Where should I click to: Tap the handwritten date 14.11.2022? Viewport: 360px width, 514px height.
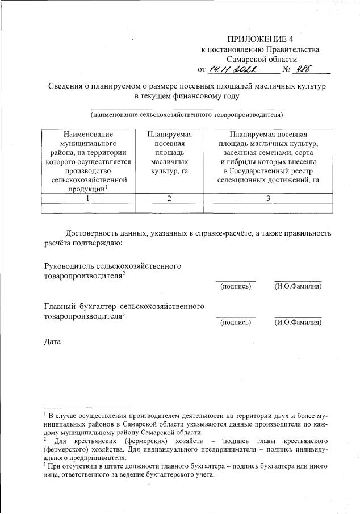pyautogui.click(x=233, y=69)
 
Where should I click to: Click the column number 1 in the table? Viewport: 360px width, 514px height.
pyautogui.click(x=87, y=199)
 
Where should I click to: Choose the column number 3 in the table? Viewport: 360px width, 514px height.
pyautogui.click(x=267, y=199)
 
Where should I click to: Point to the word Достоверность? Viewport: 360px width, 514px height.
pyautogui.click(x=93, y=233)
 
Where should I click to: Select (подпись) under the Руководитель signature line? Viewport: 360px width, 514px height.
pyautogui.click(x=235, y=286)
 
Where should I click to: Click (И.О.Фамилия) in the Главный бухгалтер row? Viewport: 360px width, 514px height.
pyautogui.click(x=298, y=323)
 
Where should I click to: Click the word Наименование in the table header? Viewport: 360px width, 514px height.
pyautogui.click(x=87, y=134)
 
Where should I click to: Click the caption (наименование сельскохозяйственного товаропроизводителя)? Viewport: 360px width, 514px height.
pyautogui.click(x=187, y=115)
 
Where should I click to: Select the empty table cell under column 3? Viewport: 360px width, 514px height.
pyautogui.click(x=267, y=208)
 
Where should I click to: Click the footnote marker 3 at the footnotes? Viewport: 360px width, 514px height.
pyautogui.click(x=45, y=465)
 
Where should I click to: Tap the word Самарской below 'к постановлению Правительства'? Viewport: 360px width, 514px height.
pyautogui.click(x=246, y=59)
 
